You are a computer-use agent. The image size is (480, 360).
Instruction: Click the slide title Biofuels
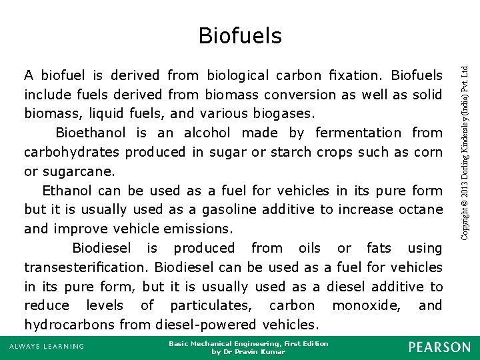(240, 35)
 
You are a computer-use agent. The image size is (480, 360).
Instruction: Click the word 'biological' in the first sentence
(237, 75)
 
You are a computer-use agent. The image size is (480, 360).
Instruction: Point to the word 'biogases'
(294, 113)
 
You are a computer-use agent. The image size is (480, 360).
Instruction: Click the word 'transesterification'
(86, 267)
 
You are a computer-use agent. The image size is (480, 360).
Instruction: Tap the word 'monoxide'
(366, 305)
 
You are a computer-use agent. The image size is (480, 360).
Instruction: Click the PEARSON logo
(439, 347)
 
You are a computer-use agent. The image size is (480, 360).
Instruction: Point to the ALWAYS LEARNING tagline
(47, 346)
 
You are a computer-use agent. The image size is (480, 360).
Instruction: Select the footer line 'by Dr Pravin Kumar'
(248, 351)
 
